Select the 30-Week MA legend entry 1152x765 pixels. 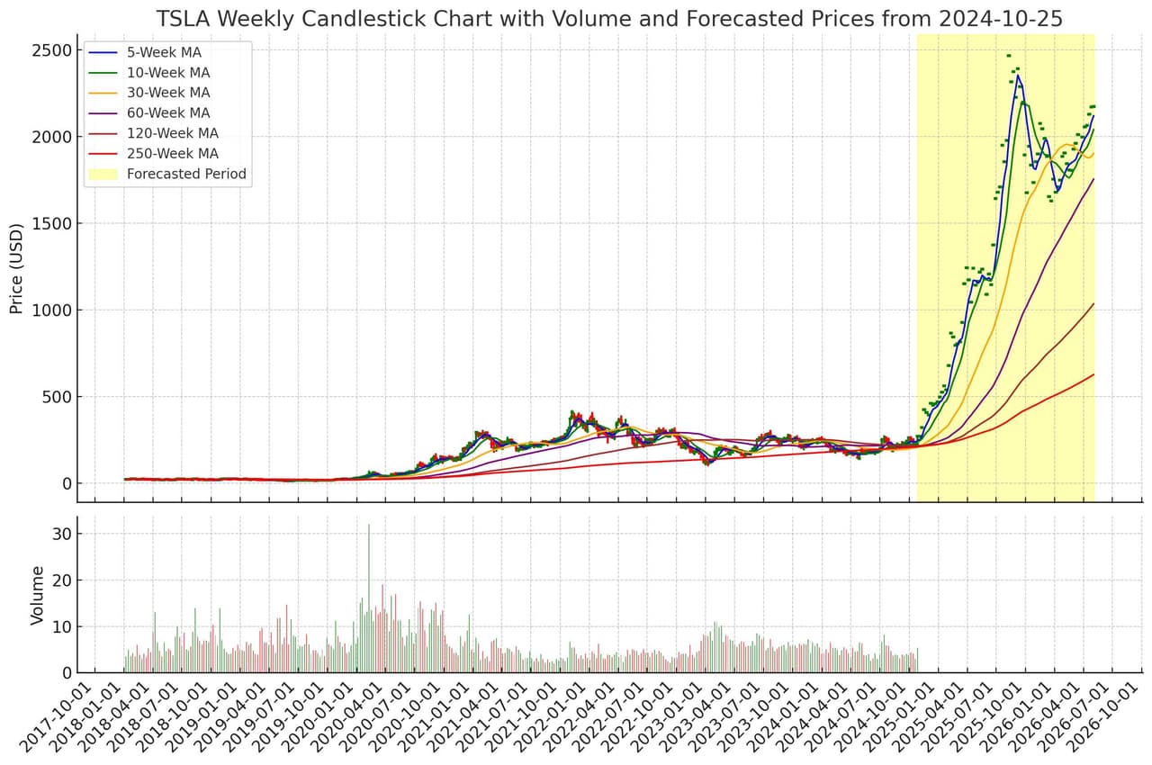168,93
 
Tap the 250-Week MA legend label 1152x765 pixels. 172,154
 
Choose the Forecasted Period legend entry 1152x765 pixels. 186,174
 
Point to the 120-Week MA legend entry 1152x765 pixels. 172,133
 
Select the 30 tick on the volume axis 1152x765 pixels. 62,534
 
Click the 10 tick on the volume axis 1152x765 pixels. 62,626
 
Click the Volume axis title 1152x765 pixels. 38,595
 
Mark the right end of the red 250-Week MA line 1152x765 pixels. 1093,374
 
